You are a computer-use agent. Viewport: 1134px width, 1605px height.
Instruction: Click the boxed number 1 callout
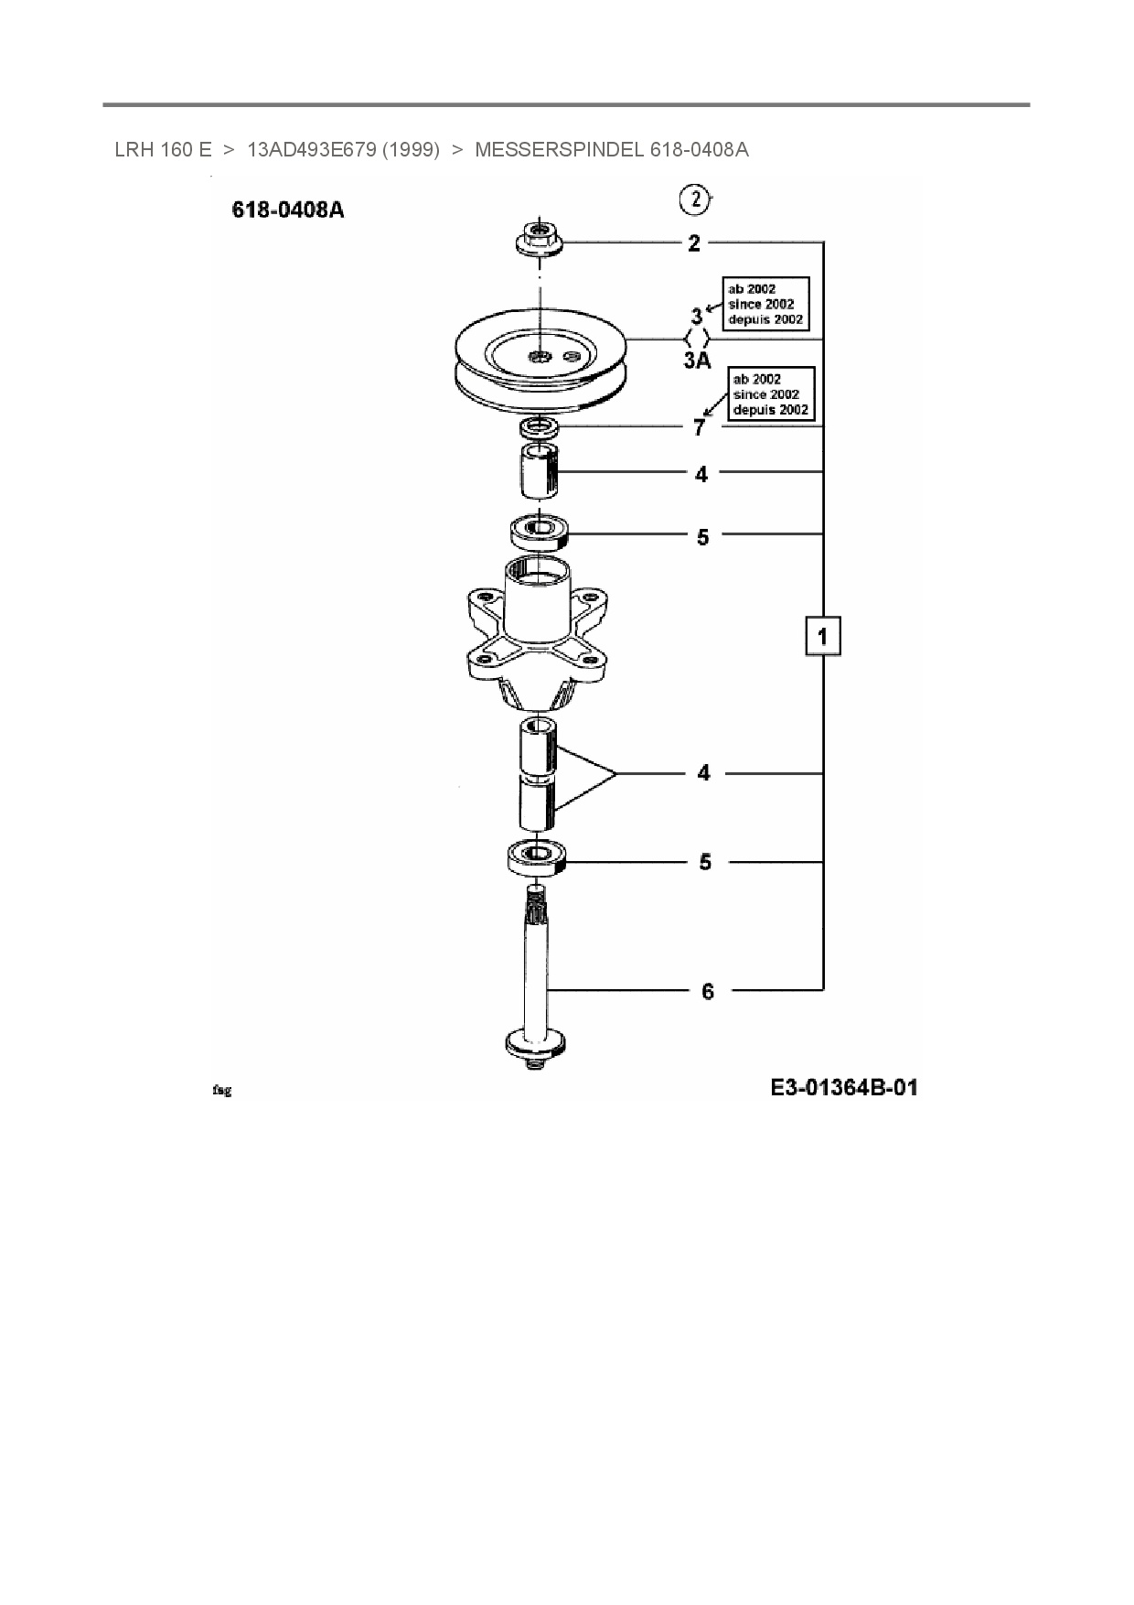pyautogui.click(x=822, y=635)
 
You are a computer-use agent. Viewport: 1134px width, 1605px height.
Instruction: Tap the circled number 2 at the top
pyautogui.click(x=695, y=199)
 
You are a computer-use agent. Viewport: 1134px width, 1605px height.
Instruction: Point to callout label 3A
pyautogui.click(x=697, y=361)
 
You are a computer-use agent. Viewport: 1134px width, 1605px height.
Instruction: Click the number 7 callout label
pyautogui.click(x=700, y=427)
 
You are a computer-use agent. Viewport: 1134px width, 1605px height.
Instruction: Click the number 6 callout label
pyautogui.click(x=708, y=991)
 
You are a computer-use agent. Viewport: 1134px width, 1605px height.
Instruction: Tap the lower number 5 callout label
pyautogui.click(x=705, y=862)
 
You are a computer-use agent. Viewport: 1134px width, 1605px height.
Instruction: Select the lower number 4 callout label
pyautogui.click(x=703, y=773)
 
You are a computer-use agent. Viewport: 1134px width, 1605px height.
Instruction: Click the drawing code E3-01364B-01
pyautogui.click(x=844, y=1088)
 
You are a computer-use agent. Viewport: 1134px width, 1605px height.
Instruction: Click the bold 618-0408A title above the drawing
pyautogui.click(x=288, y=210)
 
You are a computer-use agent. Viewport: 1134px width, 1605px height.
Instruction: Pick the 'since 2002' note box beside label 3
pyautogui.click(x=765, y=304)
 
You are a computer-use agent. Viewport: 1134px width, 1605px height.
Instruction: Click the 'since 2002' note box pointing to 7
pyautogui.click(x=771, y=394)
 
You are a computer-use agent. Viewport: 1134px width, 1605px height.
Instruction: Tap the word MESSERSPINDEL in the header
pyautogui.click(x=560, y=149)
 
